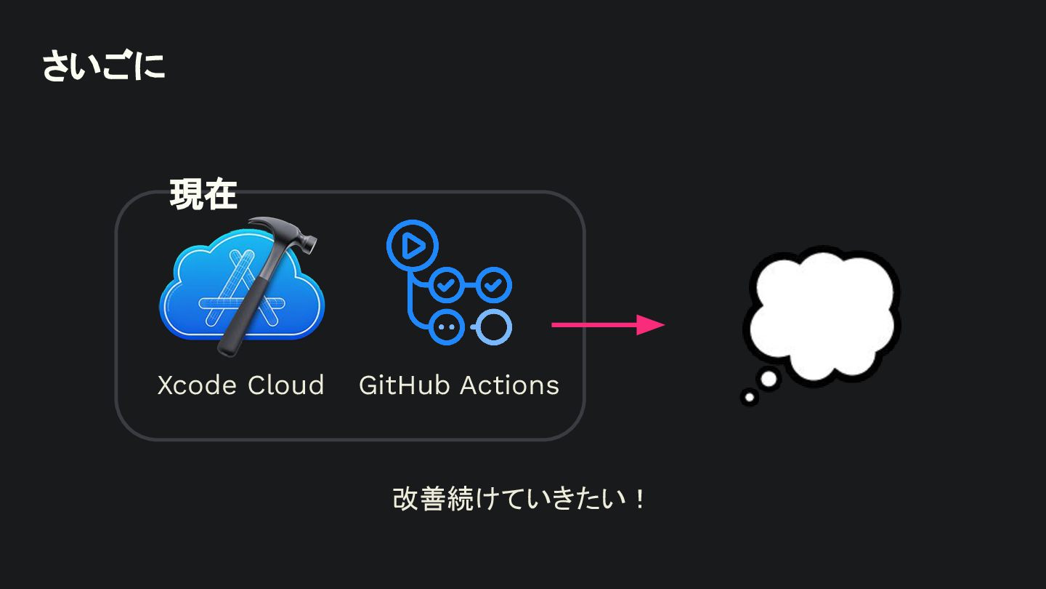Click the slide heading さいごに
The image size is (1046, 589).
(104, 65)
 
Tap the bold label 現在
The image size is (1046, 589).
(203, 194)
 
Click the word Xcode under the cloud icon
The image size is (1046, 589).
(197, 385)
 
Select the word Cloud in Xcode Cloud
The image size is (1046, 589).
(285, 385)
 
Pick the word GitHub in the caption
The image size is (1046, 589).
(404, 385)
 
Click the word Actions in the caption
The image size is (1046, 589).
(510, 385)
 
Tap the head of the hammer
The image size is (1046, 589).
(285, 233)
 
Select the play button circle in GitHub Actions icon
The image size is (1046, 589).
(413, 246)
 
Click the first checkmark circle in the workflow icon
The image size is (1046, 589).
(446, 285)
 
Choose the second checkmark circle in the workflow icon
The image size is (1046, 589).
(494, 285)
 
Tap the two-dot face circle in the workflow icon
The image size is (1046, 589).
(446, 326)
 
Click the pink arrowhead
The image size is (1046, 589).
(651, 324)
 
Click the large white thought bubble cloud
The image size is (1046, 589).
(822, 316)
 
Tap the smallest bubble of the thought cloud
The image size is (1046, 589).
(750, 397)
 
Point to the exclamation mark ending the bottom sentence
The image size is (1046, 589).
(640, 500)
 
